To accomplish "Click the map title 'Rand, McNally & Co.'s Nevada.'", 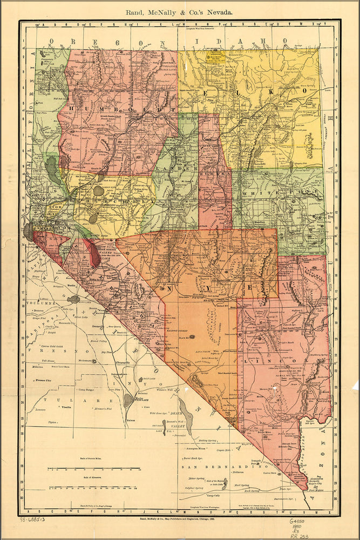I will [179, 11].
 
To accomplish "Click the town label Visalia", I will [66, 408].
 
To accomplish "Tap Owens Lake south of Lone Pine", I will [128, 400].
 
